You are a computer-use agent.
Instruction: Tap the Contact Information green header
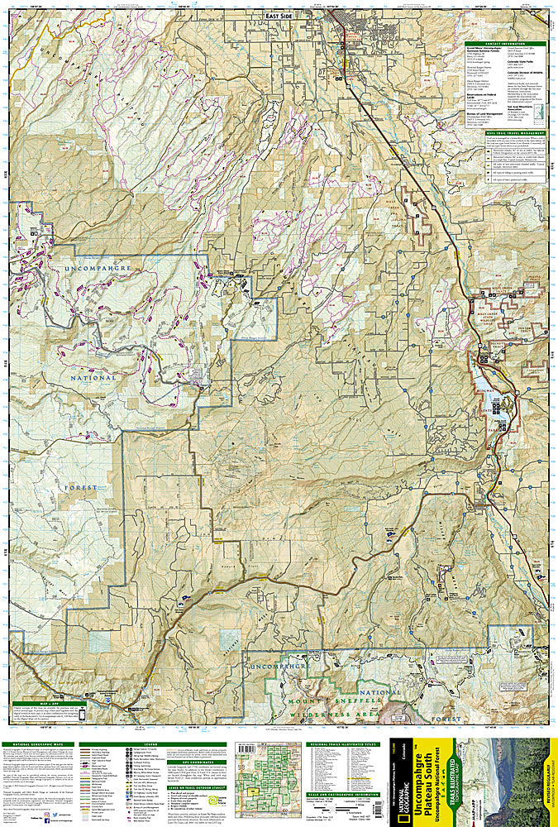[505, 44]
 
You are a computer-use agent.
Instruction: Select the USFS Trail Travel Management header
[505, 133]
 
